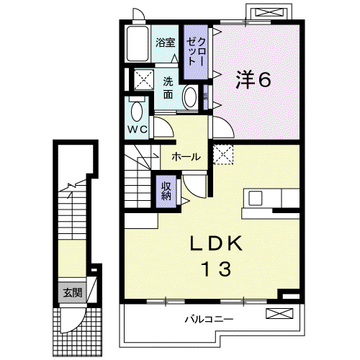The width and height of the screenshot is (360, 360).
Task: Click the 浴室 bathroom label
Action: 166,42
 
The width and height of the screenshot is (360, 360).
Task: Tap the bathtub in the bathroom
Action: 137,44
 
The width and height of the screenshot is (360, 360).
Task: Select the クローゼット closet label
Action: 196,52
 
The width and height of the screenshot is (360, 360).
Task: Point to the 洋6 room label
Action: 253,79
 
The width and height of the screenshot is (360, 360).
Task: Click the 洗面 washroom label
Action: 168,88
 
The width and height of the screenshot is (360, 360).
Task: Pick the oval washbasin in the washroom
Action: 190,97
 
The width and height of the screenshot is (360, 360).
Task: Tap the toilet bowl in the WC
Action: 137,112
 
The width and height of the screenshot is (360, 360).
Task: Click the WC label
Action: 137,130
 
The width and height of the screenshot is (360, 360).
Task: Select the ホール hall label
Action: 186,157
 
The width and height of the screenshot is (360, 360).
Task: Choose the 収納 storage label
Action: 166,191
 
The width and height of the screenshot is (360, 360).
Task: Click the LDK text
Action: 216,243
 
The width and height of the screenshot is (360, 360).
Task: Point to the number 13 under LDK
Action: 216,269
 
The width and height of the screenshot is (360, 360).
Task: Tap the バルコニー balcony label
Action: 209,320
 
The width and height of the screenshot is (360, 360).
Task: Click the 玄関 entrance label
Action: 73,293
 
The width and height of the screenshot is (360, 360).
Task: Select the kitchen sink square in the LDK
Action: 255,198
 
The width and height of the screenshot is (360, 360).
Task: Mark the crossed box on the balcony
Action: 279,314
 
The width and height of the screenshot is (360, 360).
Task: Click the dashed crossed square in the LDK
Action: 223,154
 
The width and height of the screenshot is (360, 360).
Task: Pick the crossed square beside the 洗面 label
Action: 144,80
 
